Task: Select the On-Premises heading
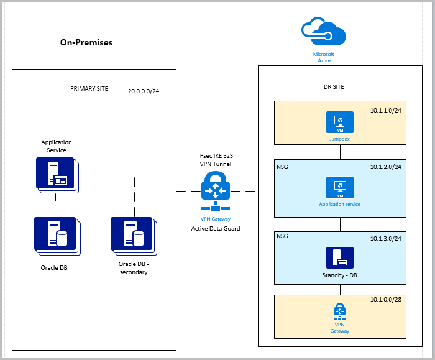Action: pos(86,43)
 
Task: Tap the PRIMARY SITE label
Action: pos(89,89)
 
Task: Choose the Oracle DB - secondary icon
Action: pos(132,235)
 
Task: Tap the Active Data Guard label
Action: pos(216,229)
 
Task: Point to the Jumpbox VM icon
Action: pos(340,121)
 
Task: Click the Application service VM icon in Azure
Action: pos(340,187)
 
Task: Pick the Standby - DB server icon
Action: pos(340,257)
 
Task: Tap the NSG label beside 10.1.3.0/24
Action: pos(282,236)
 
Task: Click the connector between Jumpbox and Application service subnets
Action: pos(340,153)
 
